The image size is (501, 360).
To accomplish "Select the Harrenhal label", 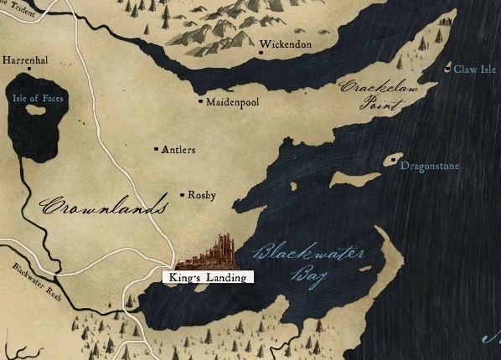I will point(26,60).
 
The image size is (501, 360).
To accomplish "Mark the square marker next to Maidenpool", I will point(199,102).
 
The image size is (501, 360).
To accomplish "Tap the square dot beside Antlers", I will point(157,150).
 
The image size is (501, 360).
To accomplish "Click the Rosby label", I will point(202,195).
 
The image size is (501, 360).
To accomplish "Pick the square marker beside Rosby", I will point(183,195).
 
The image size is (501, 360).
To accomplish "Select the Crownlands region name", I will point(100,206).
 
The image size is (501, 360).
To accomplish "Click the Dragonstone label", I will point(430,166).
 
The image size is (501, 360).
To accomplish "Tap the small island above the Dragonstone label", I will point(393,159).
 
